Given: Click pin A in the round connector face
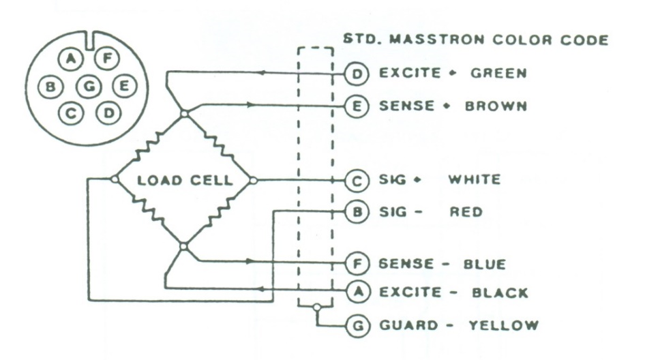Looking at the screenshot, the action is [x=71, y=59].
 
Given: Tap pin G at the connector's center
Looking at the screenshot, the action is [x=89, y=87].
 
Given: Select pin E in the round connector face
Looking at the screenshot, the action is [x=124, y=86].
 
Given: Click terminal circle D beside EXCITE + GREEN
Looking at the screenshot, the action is [x=356, y=74].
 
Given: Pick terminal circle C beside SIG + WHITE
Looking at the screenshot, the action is [x=356, y=181].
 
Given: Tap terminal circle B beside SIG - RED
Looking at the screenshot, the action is [x=356, y=212].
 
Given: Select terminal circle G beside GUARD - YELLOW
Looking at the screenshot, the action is [x=357, y=326].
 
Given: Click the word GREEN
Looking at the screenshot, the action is [x=498, y=73].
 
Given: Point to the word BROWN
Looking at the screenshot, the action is [x=496, y=106].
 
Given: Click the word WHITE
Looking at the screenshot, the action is [x=475, y=180].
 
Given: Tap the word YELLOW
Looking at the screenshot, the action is [x=503, y=325].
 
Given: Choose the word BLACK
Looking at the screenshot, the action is [x=500, y=292].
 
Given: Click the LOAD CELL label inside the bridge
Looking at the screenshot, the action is [x=185, y=180].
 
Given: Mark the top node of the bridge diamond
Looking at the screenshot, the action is [x=185, y=113].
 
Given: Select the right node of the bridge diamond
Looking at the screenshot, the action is [x=254, y=180].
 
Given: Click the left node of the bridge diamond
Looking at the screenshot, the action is [x=115, y=179].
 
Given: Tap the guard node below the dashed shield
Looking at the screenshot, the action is [x=316, y=307].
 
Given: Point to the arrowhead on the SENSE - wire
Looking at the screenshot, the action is [x=250, y=261].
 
